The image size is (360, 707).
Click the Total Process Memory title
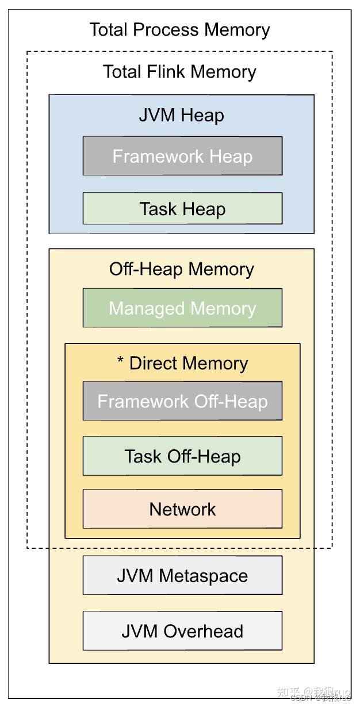tap(179, 30)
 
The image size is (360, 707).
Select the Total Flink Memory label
tap(179, 72)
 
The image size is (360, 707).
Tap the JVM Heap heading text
tap(181, 115)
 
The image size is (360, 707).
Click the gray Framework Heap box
tap(182, 156)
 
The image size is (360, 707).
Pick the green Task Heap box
tap(182, 209)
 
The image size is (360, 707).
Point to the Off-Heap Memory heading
tap(181, 269)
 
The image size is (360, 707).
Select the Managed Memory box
tap(182, 308)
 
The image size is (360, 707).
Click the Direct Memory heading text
tap(189, 364)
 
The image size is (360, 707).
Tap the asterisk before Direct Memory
tap(121, 362)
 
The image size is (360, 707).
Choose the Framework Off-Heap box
tap(182, 401)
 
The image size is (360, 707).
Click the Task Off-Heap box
tap(182, 456)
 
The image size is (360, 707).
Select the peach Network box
tap(182, 509)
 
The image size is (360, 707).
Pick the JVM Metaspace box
tap(182, 575)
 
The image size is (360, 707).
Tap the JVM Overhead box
tap(182, 631)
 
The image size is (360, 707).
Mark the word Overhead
tap(204, 631)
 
